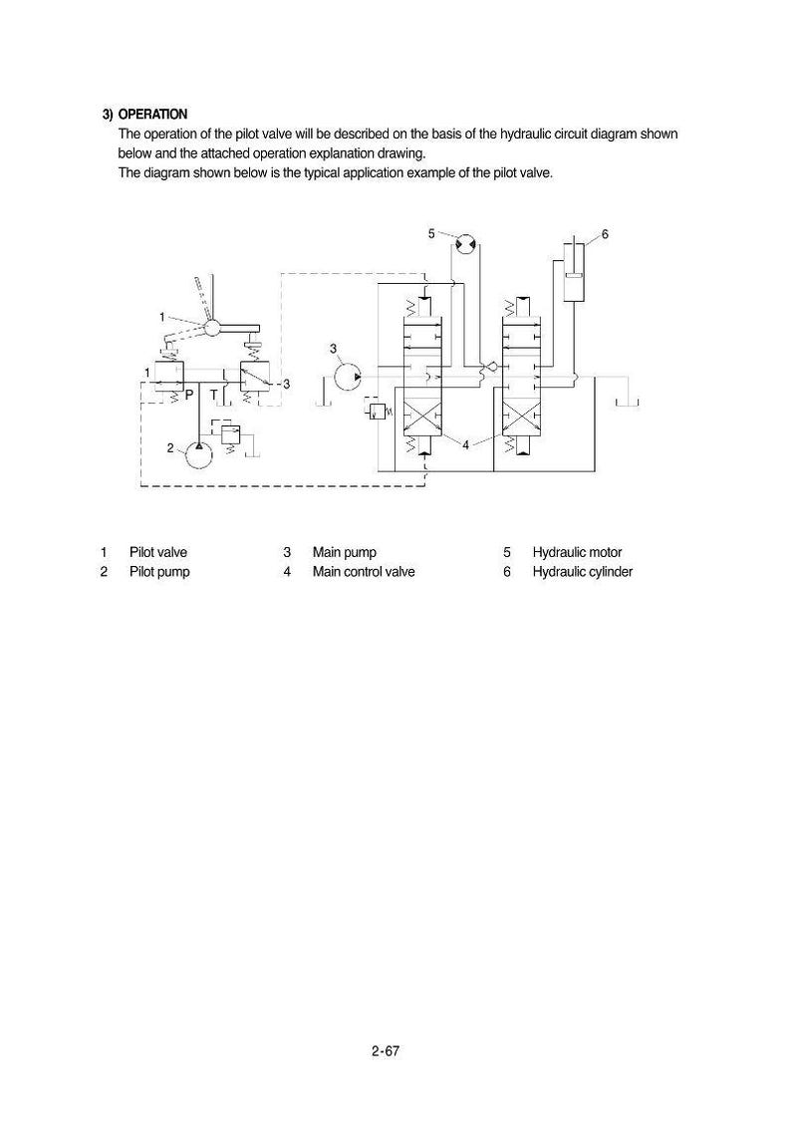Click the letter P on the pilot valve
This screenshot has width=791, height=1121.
pyautogui.click(x=190, y=395)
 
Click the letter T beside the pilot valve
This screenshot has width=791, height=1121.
pyautogui.click(x=213, y=395)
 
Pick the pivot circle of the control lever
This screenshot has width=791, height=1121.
pyautogui.click(x=212, y=328)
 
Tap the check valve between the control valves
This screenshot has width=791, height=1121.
pyautogui.click(x=491, y=368)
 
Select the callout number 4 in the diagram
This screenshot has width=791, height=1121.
pyautogui.click(x=465, y=444)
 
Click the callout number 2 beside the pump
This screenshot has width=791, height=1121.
pyautogui.click(x=170, y=448)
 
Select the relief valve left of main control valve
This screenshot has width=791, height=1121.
pyautogui.click(x=378, y=411)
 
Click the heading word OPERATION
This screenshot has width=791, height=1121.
pyautogui.click(x=152, y=115)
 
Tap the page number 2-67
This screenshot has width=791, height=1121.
pyautogui.click(x=386, y=1051)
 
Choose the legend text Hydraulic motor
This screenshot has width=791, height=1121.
pyautogui.click(x=578, y=553)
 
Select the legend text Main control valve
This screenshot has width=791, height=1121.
pyautogui.click(x=364, y=572)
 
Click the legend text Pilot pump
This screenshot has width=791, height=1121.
pyautogui.click(x=159, y=572)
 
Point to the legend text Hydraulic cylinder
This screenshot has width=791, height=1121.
pyautogui.click(x=583, y=572)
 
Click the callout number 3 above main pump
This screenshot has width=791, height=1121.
pyautogui.click(x=333, y=349)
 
